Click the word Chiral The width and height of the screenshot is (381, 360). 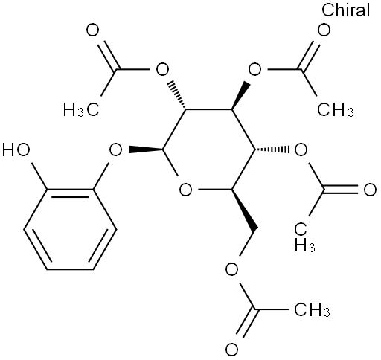(x=346, y=10)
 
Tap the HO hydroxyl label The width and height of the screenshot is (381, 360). (x=16, y=150)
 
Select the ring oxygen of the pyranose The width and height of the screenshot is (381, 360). (x=185, y=190)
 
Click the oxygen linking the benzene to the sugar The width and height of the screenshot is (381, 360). (x=116, y=150)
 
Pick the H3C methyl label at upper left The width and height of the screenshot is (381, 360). (x=81, y=110)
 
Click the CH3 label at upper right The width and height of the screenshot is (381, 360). (x=336, y=110)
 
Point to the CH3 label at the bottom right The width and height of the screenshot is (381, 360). (x=312, y=310)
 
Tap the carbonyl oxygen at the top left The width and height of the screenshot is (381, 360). (x=92, y=30)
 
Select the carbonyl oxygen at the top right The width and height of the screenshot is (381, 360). (x=324, y=30)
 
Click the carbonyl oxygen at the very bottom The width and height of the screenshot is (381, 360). (x=231, y=350)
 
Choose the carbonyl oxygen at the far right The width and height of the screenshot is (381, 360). (x=370, y=190)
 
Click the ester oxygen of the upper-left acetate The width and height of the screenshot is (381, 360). (x=162, y=70)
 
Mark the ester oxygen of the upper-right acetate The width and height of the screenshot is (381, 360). (x=254, y=70)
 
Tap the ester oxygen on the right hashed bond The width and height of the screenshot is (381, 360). (x=301, y=150)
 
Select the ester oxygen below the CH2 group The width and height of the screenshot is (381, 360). (x=231, y=270)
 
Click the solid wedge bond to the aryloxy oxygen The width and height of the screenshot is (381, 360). (x=146, y=150)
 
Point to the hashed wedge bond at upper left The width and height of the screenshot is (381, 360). (x=178, y=95)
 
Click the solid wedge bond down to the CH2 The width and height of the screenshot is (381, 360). (x=244, y=210)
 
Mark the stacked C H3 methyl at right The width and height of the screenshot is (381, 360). (x=305, y=237)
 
